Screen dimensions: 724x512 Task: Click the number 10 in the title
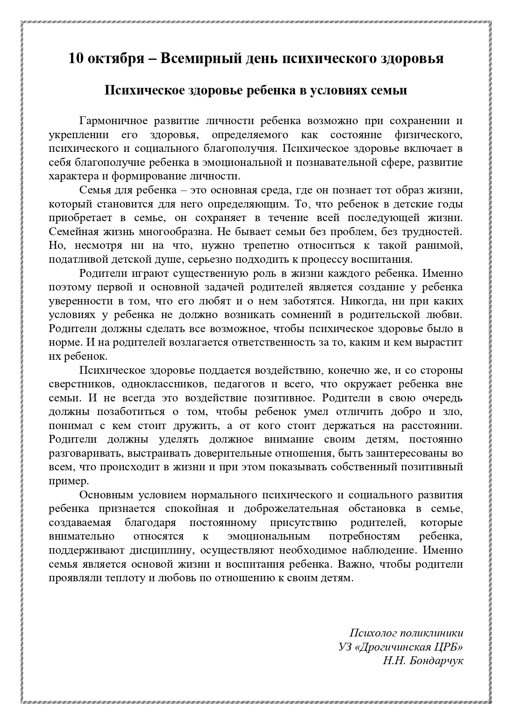pos(76,59)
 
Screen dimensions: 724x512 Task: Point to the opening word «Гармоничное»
pos(113,121)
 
